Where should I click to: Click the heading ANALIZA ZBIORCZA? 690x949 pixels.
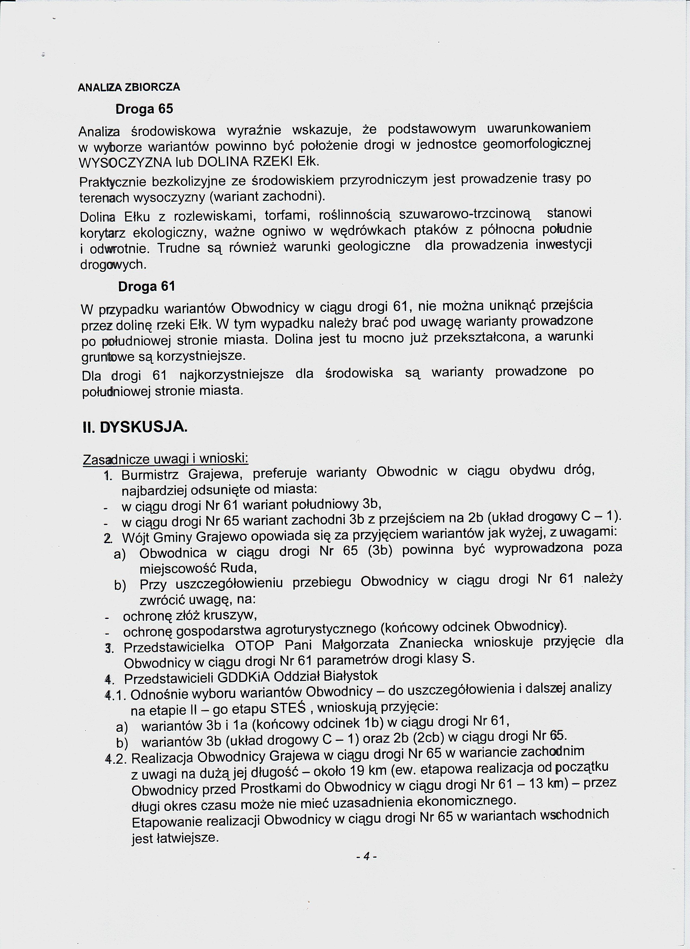tap(129, 87)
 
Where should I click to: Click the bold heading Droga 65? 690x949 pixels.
tap(144, 109)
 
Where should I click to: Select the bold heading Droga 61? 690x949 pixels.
tap(146, 287)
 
